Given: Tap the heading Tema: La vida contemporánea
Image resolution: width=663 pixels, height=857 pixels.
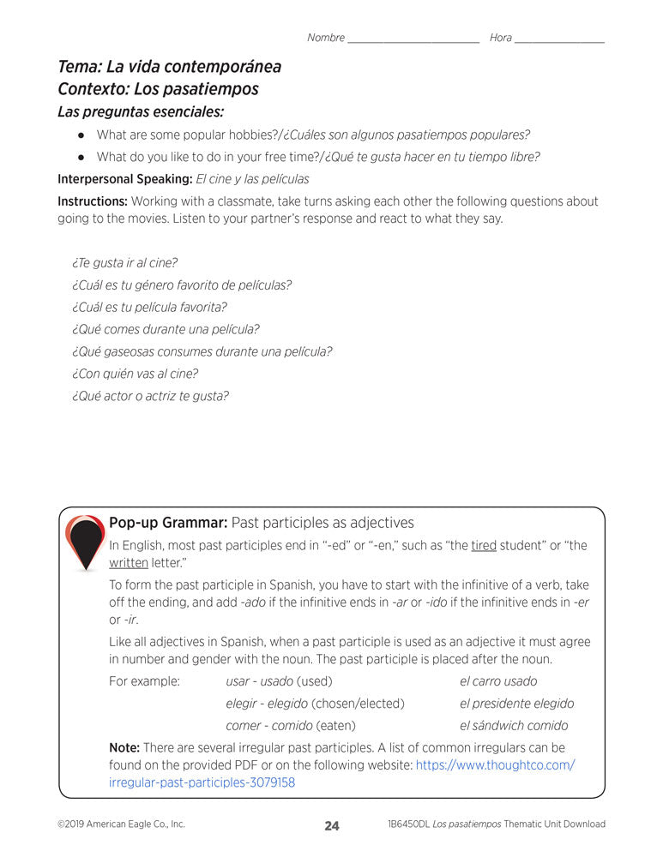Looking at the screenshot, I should [169, 67].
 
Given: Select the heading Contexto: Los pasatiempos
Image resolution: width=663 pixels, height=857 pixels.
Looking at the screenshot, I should [158, 89].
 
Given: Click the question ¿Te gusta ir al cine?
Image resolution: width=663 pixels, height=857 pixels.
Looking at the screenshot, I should [125, 263].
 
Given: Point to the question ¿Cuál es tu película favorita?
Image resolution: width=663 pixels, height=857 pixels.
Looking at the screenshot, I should [150, 307].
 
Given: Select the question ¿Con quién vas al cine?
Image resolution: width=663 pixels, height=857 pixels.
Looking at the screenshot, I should [136, 374].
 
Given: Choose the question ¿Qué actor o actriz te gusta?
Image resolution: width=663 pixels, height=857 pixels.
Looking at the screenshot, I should [151, 396].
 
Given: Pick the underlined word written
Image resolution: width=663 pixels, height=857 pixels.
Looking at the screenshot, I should [129, 563].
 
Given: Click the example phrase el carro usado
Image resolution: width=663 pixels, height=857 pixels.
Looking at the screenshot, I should [498, 681].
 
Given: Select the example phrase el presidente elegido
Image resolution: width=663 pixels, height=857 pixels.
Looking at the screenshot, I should [517, 704].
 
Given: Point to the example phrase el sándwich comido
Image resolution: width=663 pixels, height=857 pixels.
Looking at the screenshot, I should [514, 726].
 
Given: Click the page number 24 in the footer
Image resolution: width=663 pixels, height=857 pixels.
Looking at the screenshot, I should [332, 826].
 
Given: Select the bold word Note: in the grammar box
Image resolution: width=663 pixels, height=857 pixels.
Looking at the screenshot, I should [124, 747].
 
